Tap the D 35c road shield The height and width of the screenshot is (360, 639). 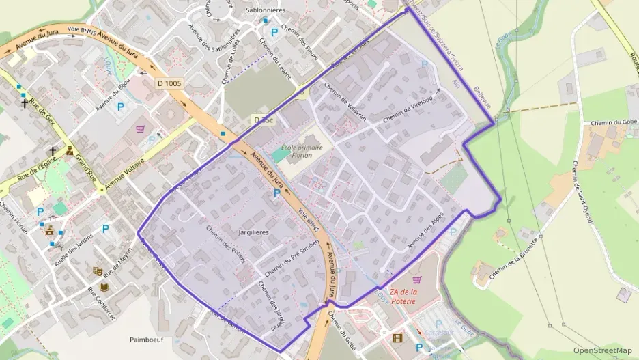pos(263,120)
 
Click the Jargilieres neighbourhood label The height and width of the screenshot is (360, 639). pos(253,233)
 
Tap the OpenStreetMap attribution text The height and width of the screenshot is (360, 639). pos(603,351)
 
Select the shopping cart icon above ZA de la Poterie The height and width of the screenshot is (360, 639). pos(417,279)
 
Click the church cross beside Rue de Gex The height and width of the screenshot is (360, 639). pos(25,104)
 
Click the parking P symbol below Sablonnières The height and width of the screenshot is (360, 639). pos(275,32)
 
